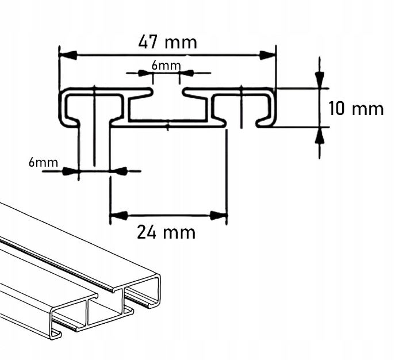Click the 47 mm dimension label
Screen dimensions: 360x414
coord(167,42)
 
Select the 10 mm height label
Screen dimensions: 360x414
coord(356,108)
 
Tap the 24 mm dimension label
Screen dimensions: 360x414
coord(166,232)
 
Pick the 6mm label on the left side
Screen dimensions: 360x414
coord(43,162)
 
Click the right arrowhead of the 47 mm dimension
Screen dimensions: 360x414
coord(267,55)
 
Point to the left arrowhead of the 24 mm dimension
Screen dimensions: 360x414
coord(118,216)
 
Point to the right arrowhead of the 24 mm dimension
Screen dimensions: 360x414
coord(218,216)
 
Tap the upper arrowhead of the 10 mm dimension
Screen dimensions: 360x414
coord(320,80)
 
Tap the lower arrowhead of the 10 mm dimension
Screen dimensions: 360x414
coord(320,135)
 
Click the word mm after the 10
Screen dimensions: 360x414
coord(368,108)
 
